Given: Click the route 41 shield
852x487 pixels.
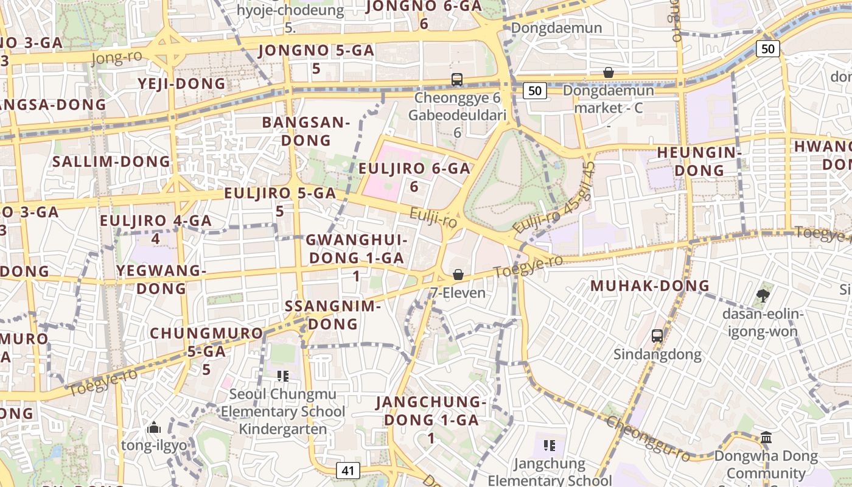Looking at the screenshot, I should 347,470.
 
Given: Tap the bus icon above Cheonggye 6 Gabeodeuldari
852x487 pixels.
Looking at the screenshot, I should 456,79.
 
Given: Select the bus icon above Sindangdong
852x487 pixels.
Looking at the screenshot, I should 657,335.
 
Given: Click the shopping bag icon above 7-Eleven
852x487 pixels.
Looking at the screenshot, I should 458,275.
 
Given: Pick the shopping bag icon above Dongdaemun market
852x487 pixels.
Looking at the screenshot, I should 608,72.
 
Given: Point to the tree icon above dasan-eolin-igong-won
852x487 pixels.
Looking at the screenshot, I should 763,296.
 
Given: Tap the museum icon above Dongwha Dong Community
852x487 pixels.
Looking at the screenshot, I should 766,437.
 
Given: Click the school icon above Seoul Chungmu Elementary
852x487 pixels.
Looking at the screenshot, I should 282,376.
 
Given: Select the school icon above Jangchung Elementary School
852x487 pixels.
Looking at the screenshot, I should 550,445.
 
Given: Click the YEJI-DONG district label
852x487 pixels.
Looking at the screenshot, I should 181,83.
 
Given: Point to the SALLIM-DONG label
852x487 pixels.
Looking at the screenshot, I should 111,161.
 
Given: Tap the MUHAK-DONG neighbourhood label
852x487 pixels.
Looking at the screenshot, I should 650,286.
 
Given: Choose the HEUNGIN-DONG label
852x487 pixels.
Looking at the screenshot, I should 699,161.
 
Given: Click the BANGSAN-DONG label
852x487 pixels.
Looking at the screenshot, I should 306,131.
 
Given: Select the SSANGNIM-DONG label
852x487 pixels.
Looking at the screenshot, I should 333,315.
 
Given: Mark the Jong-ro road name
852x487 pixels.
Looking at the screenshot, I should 116,58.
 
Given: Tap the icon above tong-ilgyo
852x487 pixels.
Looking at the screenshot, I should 153,427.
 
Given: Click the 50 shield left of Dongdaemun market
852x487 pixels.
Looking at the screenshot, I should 534,91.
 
